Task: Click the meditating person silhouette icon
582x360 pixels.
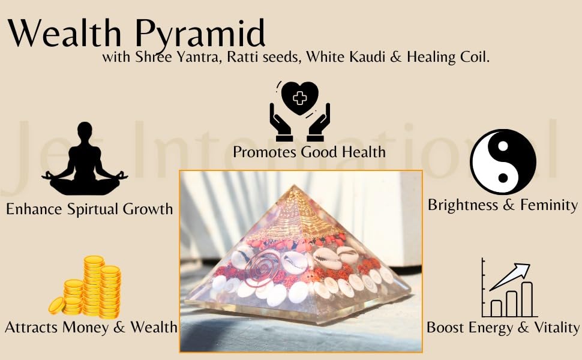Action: pyautogui.click(x=85, y=158)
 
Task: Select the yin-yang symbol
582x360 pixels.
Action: pyautogui.click(x=503, y=162)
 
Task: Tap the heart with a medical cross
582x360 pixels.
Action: pyautogui.click(x=300, y=98)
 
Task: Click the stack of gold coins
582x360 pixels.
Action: pyautogui.click(x=85, y=287)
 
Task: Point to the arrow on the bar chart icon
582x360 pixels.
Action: pyautogui.click(x=509, y=277)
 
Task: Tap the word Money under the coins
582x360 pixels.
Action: pyautogui.click(x=86, y=328)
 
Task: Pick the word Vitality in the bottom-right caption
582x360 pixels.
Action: pyautogui.click(x=556, y=328)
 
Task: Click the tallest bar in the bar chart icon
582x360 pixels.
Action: pyautogui.click(x=527, y=299)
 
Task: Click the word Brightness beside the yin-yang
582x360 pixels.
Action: pyautogui.click(x=464, y=205)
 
